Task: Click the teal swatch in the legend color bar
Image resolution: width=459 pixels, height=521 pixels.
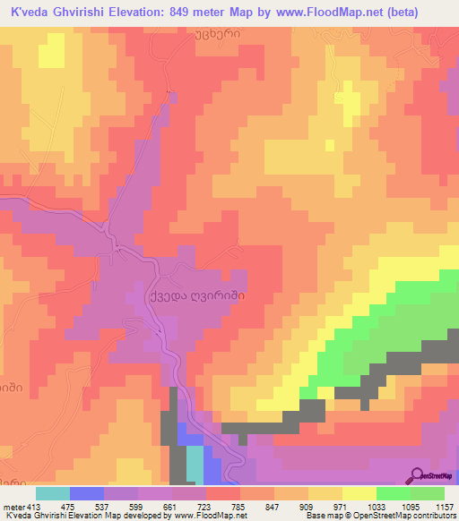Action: coord(53,494)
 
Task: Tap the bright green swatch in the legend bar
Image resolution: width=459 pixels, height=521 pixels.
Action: coord(393,494)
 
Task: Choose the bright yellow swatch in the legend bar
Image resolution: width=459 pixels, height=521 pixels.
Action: coord(359,494)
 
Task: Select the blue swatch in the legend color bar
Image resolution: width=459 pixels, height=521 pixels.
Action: coord(87,494)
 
